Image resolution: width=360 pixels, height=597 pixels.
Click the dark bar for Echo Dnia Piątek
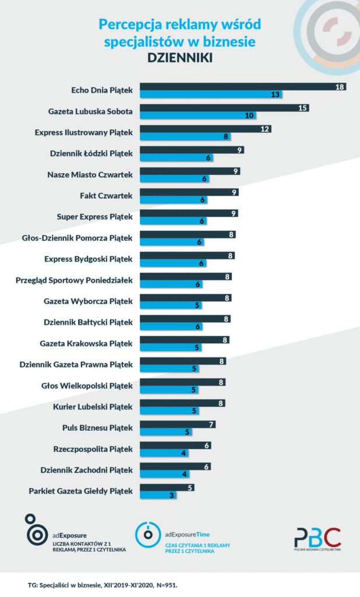point(242,86)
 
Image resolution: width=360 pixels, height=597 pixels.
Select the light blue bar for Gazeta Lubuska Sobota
point(197,115)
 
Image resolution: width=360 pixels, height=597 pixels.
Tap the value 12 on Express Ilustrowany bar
point(265,129)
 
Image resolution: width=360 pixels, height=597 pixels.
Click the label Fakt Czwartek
point(106,196)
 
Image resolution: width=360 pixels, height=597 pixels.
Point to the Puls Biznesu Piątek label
point(97,427)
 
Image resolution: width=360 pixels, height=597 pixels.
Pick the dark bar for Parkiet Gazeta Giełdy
point(167,487)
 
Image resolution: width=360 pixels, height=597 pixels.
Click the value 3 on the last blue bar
point(172,496)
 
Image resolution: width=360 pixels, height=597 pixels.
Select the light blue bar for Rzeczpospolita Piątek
point(164,453)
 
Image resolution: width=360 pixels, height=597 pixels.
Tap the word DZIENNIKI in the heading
point(180,58)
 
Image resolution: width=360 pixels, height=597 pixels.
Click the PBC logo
point(317,539)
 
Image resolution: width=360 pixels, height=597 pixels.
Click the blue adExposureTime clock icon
point(148,535)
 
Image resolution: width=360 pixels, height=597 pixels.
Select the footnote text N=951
point(167,585)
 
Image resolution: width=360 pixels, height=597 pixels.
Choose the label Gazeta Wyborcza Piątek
point(89,301)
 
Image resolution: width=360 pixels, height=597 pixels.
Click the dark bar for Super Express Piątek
point(189,213)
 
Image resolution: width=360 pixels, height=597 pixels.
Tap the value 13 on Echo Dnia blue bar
point(275,94)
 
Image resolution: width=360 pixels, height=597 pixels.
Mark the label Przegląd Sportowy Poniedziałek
point(74,280)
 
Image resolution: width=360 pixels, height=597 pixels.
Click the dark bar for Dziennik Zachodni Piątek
point(175,466)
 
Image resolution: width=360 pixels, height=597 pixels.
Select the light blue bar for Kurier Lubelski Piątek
point(169,411)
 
